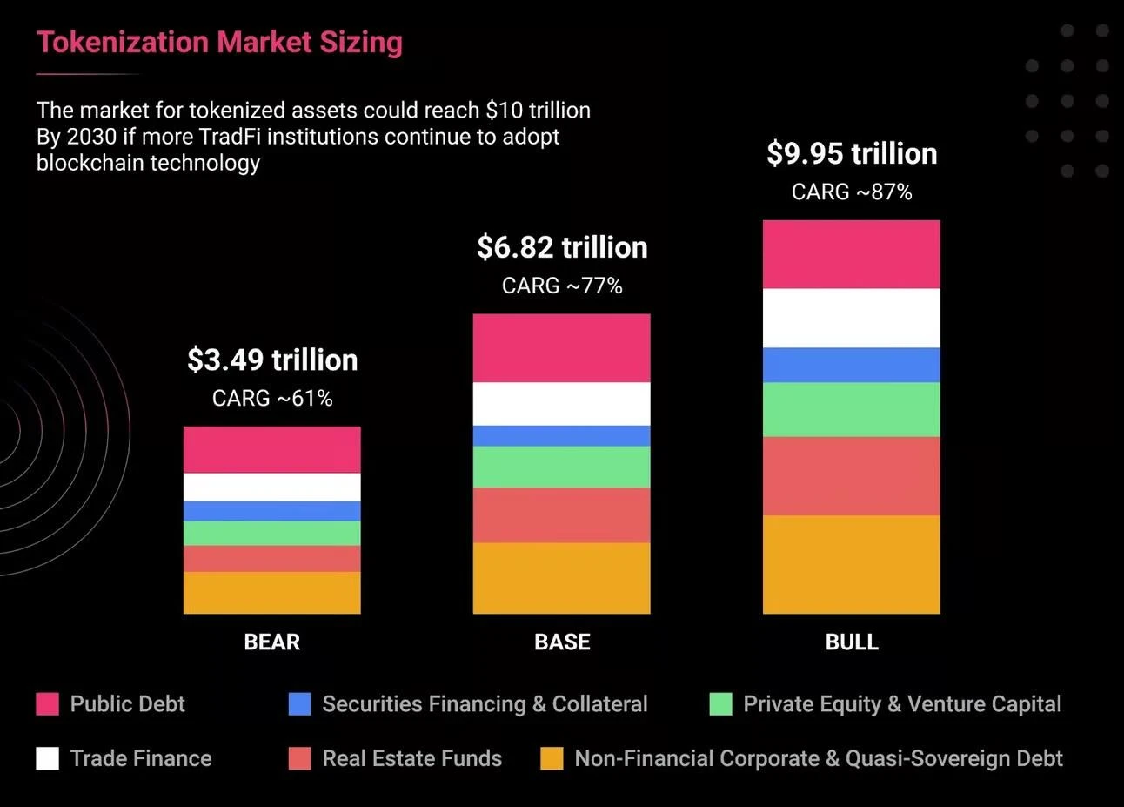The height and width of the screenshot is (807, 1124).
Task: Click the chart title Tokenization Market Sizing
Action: click(219, 42)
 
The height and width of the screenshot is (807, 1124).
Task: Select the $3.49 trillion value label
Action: click(272, 360)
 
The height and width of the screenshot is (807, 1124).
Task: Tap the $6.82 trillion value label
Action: click(562, 247)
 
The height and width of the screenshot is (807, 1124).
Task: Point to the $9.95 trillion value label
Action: click(852, 153)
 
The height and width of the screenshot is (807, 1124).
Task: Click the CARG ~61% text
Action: click(272, 398)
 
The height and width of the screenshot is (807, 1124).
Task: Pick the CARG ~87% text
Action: click(852, 192)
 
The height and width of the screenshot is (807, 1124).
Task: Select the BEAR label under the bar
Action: click(271, 642)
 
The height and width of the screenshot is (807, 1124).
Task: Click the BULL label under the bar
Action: click(852, 642)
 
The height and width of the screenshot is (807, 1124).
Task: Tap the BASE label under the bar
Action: click(562, 642)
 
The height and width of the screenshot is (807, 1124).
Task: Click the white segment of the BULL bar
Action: click(852, 318)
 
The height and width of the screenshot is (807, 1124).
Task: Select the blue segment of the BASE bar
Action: click(562, 435)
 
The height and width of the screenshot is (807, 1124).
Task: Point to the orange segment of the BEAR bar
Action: click(272, 593)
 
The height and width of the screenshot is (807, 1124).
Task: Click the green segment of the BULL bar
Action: click(852, 409)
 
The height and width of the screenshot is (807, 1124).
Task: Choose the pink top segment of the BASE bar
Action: click(562, 347)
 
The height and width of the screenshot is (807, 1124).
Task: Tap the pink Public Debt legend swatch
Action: click(47, 703)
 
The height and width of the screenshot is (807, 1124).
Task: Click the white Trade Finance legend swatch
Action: click(47, 758)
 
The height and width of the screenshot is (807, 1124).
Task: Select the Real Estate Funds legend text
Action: click(411, 758)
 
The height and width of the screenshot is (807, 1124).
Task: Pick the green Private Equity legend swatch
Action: click(720, 703)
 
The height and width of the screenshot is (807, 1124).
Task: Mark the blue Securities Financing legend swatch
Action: click(299, 703)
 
